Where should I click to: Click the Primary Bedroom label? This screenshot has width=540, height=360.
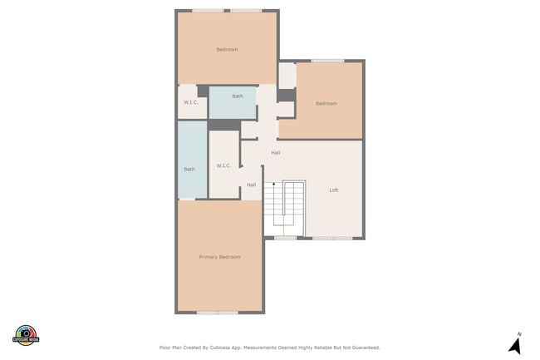(x=219, y=257)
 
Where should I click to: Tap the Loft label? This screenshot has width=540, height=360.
(x=334, y=190)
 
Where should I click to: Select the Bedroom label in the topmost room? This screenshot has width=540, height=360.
(x=227, y=50)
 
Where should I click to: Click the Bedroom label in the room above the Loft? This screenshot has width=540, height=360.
(x=326, y=103)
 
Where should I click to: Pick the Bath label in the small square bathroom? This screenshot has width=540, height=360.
(x=238, y=96)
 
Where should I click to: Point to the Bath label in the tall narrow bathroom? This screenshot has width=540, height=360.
(x=189, y=170)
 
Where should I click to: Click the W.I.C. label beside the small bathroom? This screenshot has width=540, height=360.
(x=189, y=103)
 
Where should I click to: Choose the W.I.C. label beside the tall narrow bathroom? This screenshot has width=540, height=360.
(x=223, y=165)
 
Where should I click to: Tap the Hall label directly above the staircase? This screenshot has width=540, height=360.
(x=275, y=153)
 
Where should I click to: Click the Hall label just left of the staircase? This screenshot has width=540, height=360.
(x=251, y=185)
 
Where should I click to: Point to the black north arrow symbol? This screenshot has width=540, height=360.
(x=515, y=346)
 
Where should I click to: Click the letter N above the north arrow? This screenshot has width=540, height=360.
(x=519, y=334)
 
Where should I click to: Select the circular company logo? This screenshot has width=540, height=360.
(x=26, y=335)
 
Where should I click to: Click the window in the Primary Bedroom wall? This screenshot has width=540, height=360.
(x=218, y=313)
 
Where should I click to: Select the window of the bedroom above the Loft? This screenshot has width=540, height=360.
(x=327, y=61)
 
